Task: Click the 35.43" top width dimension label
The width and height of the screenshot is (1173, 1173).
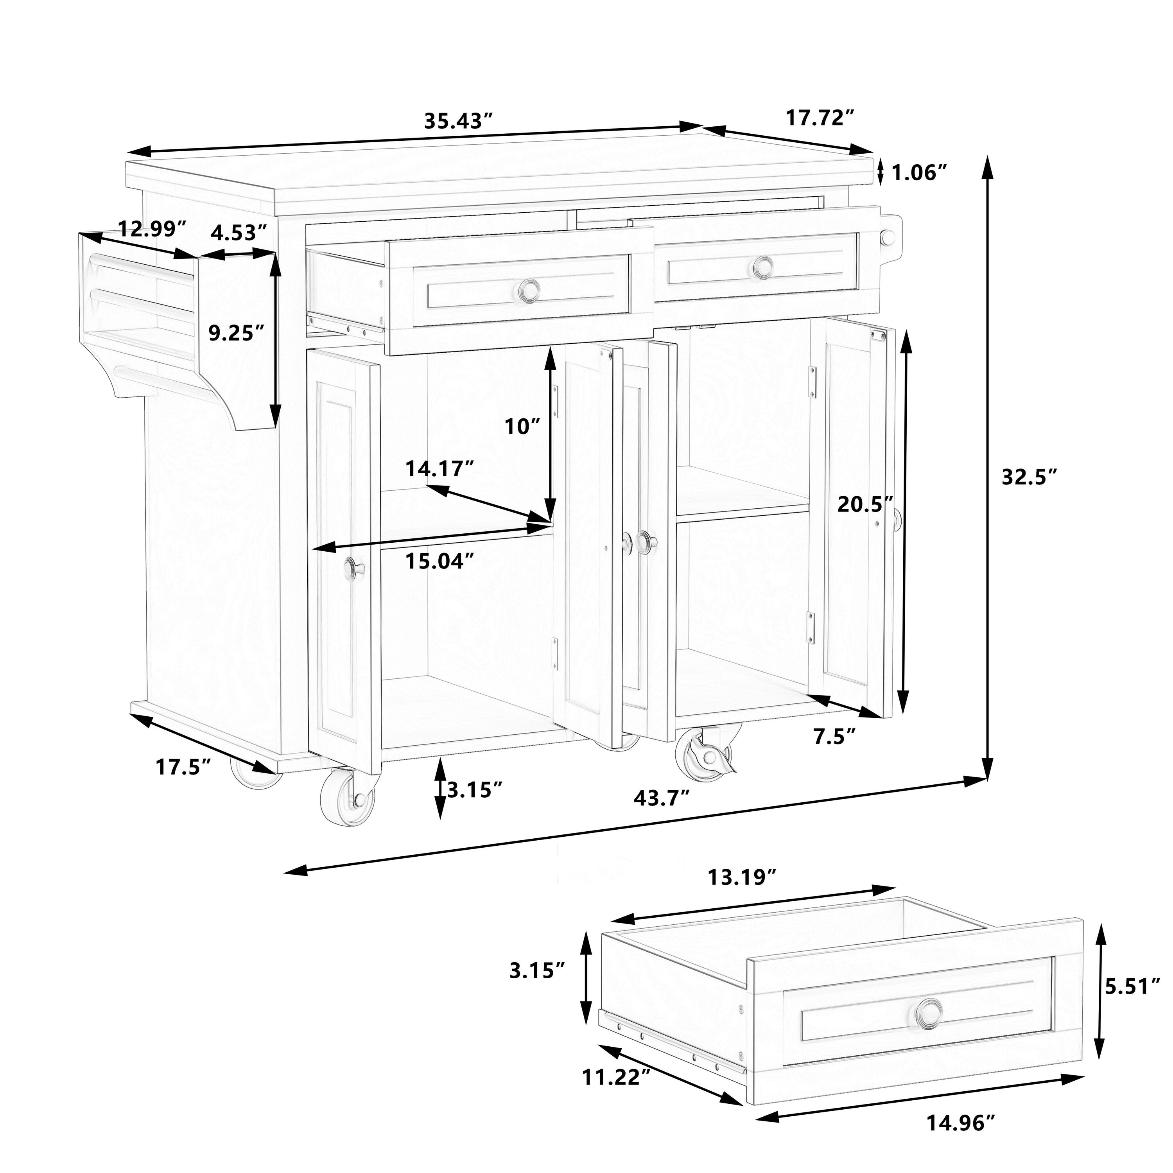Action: (x=457, y=121)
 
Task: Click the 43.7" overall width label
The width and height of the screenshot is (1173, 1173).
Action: (x=662, y=797)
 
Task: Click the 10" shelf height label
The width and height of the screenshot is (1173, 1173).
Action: (x=522, y=427)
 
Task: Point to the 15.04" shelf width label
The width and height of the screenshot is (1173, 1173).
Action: (x=439, y=561)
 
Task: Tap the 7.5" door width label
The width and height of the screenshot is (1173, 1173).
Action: (x=834, y=737)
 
